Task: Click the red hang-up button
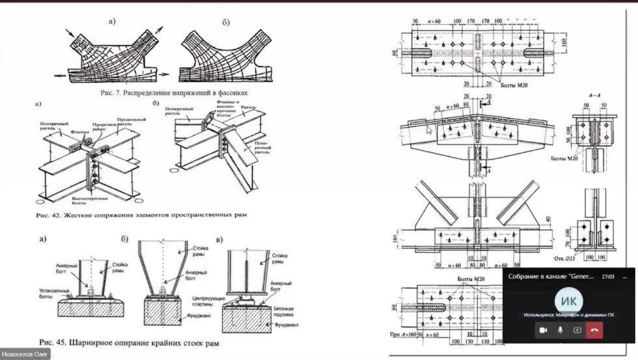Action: [x=594, y=330]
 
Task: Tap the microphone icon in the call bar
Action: [x=560, y=330]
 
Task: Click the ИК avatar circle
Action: [x=568, y=301]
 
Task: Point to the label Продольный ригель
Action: [x=131, y=122]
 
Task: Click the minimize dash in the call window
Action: [x=624, y=277]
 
